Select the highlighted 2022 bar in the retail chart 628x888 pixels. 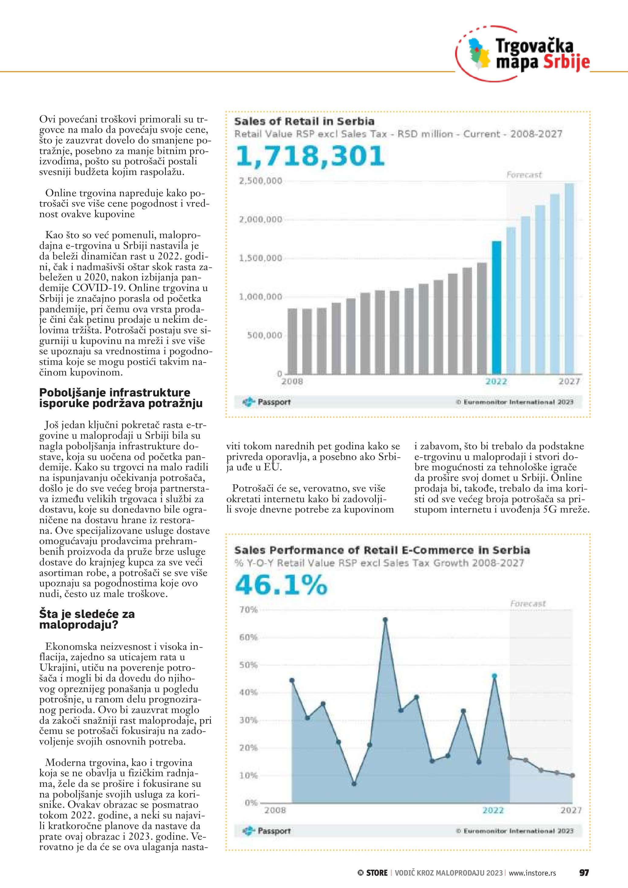496,307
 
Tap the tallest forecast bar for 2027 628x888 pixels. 569,279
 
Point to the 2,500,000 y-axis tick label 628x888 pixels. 261,181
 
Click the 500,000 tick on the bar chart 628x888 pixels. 265,335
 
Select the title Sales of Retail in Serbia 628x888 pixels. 304,122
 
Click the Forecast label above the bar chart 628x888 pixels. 524,175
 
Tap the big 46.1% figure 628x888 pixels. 281,585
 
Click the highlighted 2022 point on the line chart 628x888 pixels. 494,676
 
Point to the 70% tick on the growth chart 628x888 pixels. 249,610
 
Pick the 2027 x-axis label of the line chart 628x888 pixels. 571,810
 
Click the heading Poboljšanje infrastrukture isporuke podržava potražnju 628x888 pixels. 121,398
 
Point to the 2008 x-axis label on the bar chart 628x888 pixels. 292,382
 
